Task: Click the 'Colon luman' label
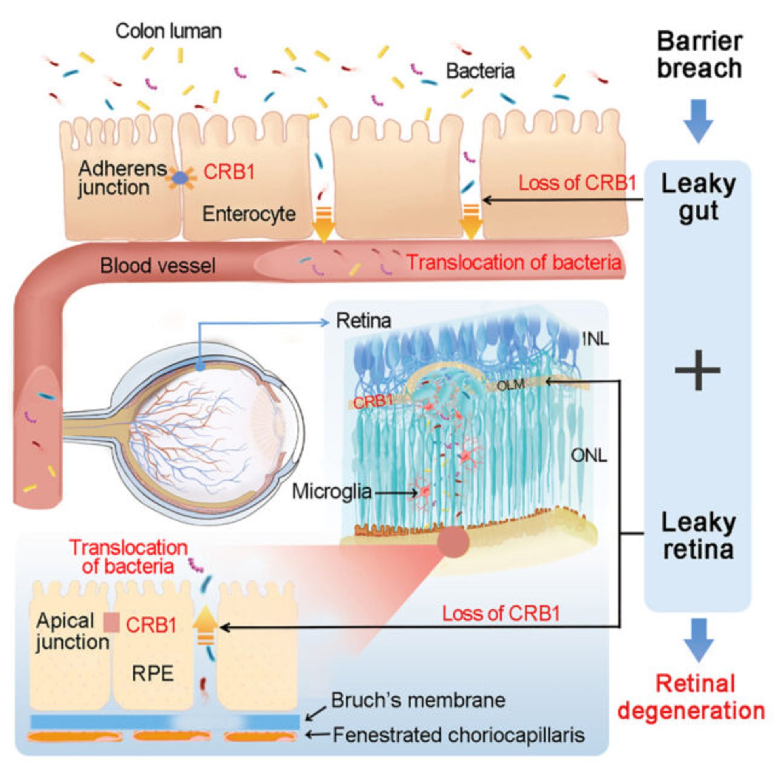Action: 169,32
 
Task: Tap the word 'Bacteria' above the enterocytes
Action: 480,72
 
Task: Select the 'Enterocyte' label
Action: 249,214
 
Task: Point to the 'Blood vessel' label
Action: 158,266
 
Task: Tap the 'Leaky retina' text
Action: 698,536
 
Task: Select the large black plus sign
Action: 698,370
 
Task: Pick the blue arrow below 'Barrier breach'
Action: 698,120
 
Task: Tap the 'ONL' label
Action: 589,456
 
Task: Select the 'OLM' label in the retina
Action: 510,385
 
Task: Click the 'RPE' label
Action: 153,674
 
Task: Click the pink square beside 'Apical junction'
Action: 112,622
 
